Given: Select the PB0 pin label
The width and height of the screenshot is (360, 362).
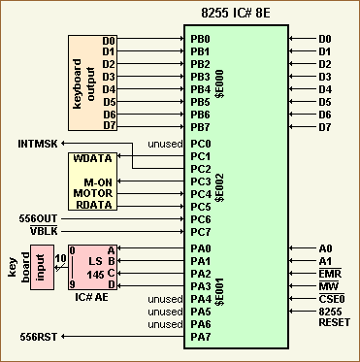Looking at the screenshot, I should point(200,40).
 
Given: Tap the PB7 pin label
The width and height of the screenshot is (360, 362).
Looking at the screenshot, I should point(200,128).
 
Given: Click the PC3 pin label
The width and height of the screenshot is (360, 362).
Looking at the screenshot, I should point(200,181).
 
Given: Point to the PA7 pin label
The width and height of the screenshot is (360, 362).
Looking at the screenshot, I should point(200,336).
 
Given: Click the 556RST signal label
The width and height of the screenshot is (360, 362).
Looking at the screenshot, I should point(40,336).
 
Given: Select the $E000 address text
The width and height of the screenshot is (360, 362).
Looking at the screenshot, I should point(221,83).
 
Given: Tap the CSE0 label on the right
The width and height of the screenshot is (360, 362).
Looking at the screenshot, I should point(331,299).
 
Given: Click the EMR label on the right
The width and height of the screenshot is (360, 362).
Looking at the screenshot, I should point(331,274).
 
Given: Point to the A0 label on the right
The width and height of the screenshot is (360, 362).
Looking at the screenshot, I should point(325,248).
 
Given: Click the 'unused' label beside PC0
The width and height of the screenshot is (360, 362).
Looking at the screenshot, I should point(163,144).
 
